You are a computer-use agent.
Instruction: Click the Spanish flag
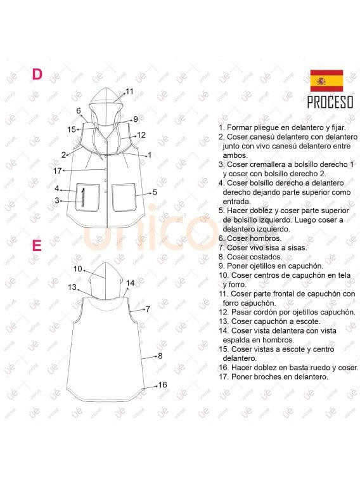[326, 81]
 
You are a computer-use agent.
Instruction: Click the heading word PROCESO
[330, 102]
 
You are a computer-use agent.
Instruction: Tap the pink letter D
[37, 74]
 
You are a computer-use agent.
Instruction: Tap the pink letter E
[37, 245]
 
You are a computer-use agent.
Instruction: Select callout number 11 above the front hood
[129, 91]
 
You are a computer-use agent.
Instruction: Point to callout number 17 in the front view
[58, 171]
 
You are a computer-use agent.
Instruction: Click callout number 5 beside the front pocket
[155, 191]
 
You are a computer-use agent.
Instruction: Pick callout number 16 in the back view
[162, 385]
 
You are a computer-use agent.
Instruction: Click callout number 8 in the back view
[160, 356]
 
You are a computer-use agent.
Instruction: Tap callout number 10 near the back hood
[78, 269]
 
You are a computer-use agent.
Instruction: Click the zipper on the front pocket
[83, 196]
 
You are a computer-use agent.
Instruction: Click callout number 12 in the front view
[141, 134]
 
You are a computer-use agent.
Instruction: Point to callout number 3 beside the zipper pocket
[56, 200]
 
